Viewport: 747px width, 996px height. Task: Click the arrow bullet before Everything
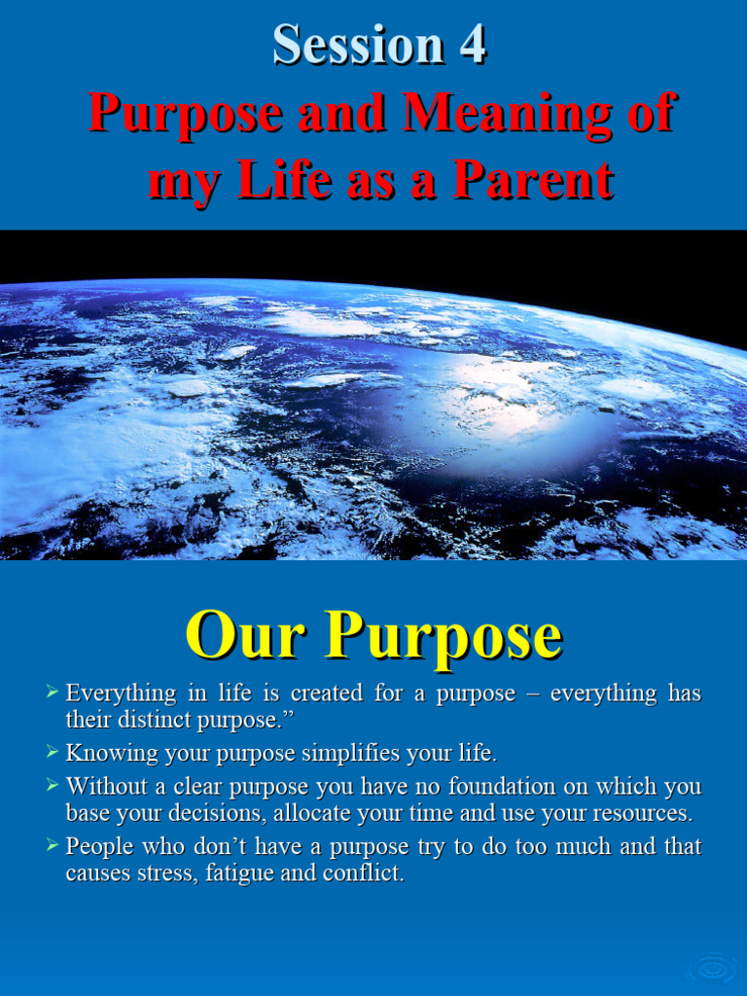coord(53,694)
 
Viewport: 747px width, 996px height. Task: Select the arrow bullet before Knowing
coord(53,752)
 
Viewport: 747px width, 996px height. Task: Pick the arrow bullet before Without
coord(53,784)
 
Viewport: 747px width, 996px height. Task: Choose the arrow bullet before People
coord(53,845)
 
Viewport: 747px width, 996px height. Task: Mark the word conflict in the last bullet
coord(367,873)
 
